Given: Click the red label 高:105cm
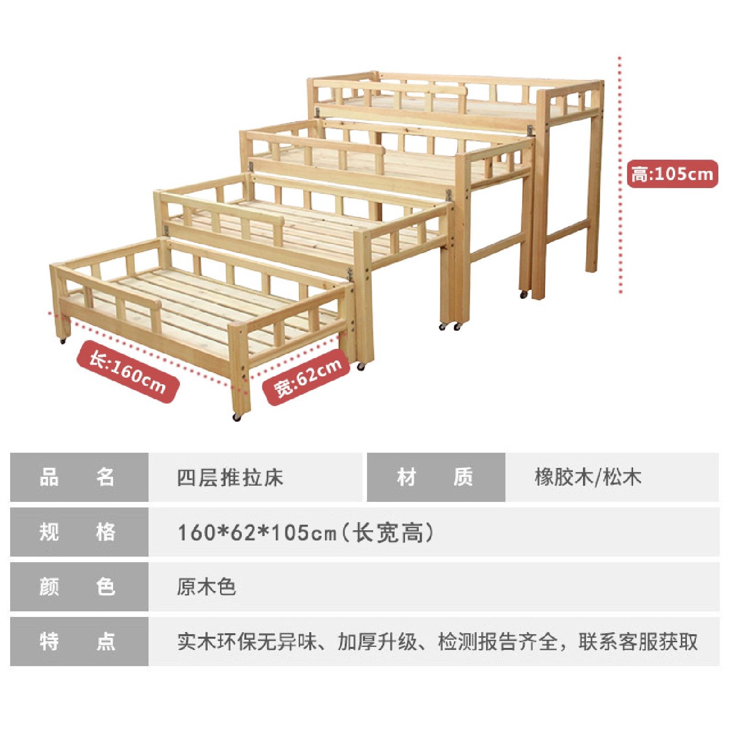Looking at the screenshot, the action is coord(672,174).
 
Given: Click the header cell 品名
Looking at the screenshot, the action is coord(79,477).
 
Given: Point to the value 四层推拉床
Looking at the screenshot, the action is coord(230,478).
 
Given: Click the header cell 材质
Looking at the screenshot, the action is coord(435,477).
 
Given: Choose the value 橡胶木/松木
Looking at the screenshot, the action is coord(588,477).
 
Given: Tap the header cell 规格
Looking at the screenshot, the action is coord(79,532).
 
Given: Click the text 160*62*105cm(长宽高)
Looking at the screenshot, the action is coord(306,532).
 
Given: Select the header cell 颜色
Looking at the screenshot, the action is coord(79,587).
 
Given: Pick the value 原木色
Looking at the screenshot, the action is coord(206,587).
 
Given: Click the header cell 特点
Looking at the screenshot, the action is coord(79,641).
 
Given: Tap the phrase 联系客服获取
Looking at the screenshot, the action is coord(638,642).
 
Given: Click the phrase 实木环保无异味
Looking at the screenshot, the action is coord(246,642).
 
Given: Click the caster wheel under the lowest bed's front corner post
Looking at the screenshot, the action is coord(237,417).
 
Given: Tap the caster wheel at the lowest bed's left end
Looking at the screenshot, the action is coord(63,341).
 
